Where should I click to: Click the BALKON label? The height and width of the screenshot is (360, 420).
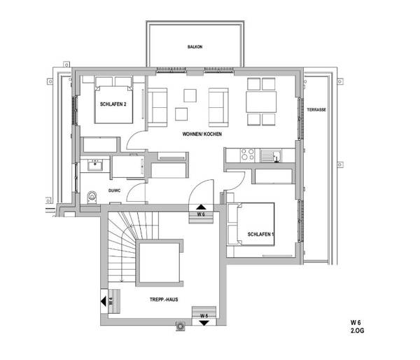click(195, 47)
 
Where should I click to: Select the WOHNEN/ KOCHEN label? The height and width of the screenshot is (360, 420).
click(202, 133)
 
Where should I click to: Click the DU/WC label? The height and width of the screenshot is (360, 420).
click(115, 190)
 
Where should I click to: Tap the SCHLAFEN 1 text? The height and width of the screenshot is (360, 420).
click(260, 233)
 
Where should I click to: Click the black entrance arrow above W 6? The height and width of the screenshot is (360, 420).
click(200, 206)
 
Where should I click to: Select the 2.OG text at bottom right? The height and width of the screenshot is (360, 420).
click(358, 329)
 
